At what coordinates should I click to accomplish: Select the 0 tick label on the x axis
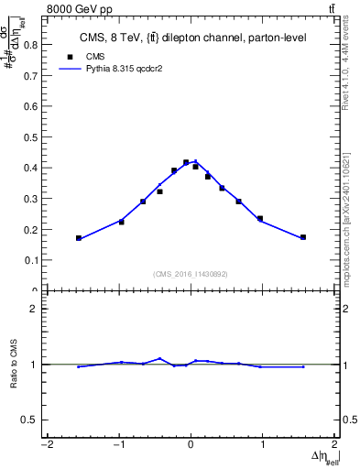[x=191, y=446]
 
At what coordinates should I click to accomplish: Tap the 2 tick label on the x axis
[x=335, y=446]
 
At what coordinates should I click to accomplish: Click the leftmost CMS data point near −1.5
[x=79, y=238]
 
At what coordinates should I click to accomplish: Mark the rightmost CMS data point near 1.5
[x=303, y=237]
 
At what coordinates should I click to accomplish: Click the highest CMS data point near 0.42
[x=186, y=162]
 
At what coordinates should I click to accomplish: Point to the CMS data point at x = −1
[x=121, y=222]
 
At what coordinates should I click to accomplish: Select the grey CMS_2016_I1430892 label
[x=191, y=274]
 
